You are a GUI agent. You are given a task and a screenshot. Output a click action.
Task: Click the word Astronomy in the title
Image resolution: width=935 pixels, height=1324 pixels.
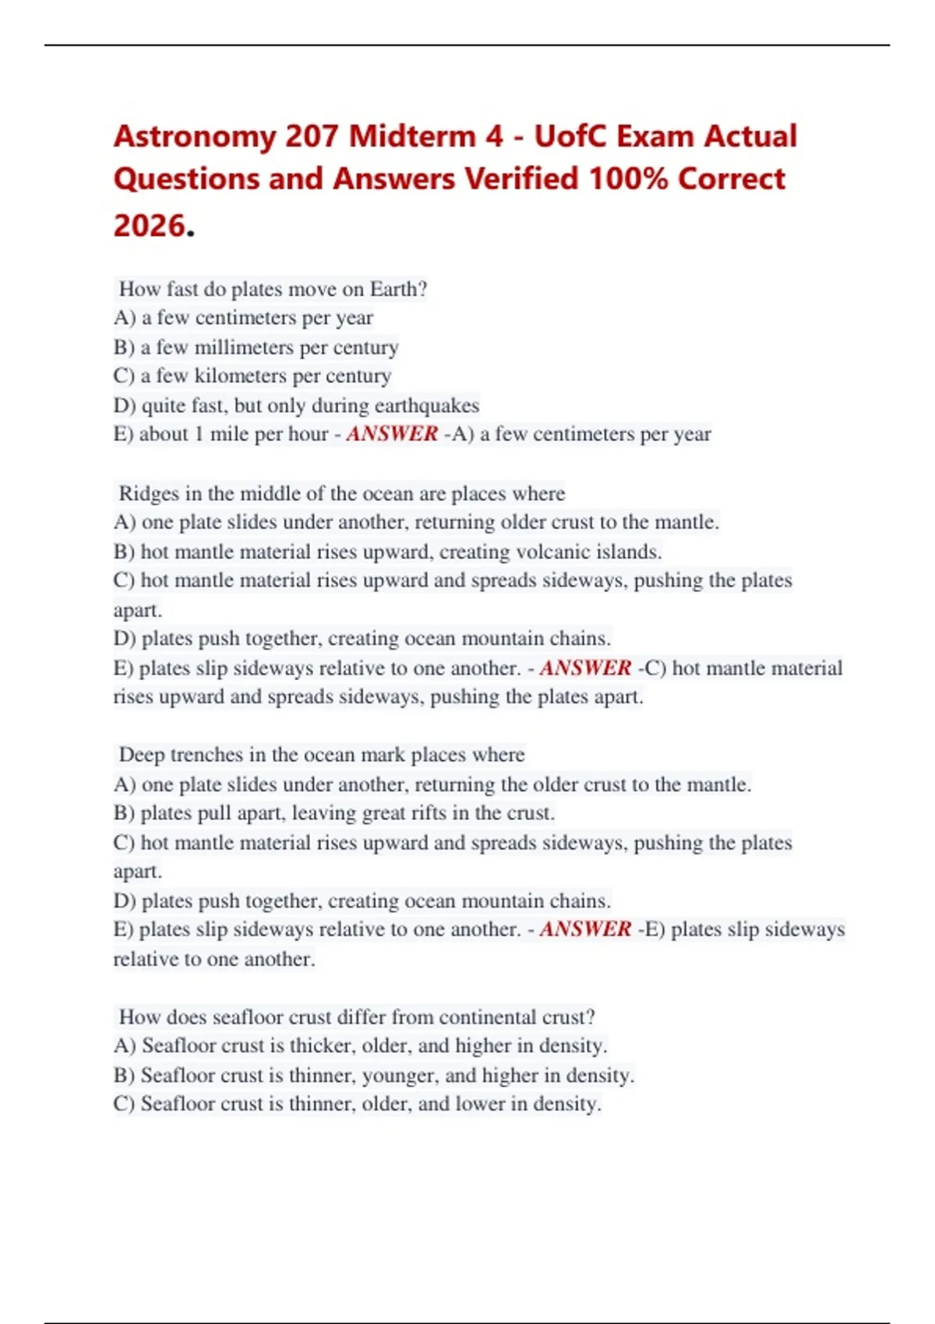[194, 137]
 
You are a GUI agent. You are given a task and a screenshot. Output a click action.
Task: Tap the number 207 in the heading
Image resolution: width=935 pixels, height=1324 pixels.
[312, 137]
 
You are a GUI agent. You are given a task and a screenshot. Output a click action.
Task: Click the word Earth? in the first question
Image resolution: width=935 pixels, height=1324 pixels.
[398, 289]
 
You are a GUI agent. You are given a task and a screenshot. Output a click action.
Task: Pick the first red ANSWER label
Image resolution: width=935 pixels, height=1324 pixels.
[392, 434]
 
